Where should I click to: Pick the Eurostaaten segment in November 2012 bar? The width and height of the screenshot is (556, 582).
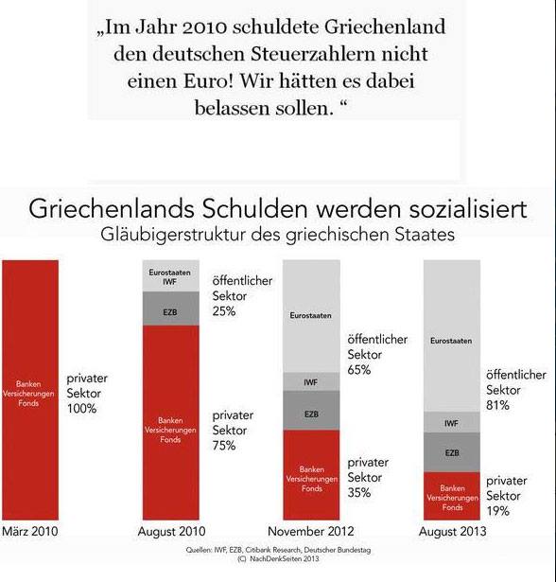point(312,315)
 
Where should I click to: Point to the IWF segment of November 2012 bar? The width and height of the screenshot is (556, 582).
point(312,381)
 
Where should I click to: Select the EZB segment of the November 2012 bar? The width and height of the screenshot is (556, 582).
point(312,414)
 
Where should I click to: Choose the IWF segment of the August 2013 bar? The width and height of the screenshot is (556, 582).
point(452,423)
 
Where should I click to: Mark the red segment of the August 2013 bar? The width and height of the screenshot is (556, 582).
point(452,496)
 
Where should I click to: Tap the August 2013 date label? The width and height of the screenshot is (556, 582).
point(451,532)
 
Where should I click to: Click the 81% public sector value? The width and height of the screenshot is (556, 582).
point(498,405)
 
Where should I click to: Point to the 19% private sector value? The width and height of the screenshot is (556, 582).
point(498,511)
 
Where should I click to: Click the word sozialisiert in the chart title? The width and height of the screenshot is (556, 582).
point(464,208)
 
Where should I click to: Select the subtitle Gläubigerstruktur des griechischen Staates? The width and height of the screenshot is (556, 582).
point(276,233)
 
